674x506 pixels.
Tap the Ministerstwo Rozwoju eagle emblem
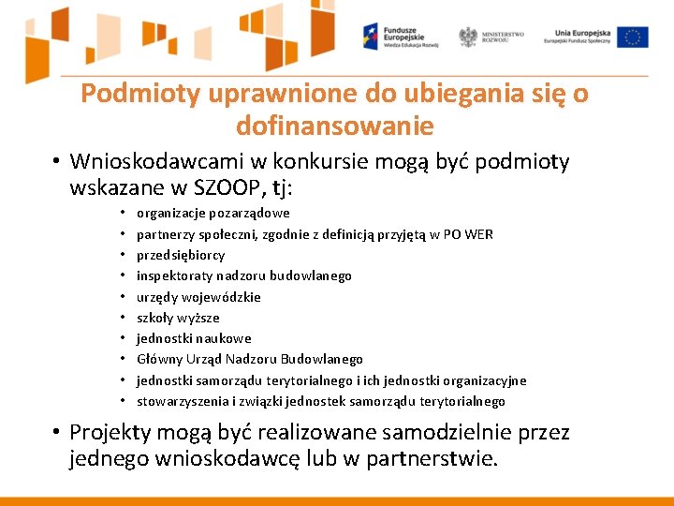(468, 37)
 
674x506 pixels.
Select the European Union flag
(633, 37)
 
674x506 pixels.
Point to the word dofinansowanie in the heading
(335, 125)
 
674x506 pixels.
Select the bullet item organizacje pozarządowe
(213, 213)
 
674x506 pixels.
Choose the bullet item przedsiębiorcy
(181, 255)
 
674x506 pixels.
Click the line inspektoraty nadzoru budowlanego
(244, 275)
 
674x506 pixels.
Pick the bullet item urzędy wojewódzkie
(198, 297)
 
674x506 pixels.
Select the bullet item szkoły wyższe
(178, 318)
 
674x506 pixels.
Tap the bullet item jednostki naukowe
(194, 338)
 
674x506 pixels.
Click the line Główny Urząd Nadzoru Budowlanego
(250, 359)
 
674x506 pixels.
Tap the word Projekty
(110, 433)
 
